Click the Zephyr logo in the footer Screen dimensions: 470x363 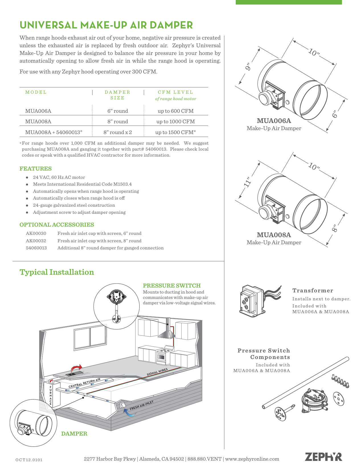[323, 457]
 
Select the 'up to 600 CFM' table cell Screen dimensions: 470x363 [175, 111]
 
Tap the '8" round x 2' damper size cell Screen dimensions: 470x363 [118, 132]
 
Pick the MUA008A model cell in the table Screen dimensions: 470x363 [38, 122]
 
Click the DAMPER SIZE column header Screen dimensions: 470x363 [117, 95]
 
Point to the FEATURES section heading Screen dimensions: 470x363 [36, 169]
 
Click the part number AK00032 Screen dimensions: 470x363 [36, 241]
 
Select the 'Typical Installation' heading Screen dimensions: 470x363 [57, 272]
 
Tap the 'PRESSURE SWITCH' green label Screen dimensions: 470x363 [172, 286]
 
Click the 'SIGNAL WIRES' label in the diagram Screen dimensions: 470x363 [157, 372]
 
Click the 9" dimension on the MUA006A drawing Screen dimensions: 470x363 [248, 67]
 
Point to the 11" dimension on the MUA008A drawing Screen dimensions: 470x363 [248, 182]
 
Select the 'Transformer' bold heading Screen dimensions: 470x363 [313, 291]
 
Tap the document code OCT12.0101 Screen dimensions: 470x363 [29, 460]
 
